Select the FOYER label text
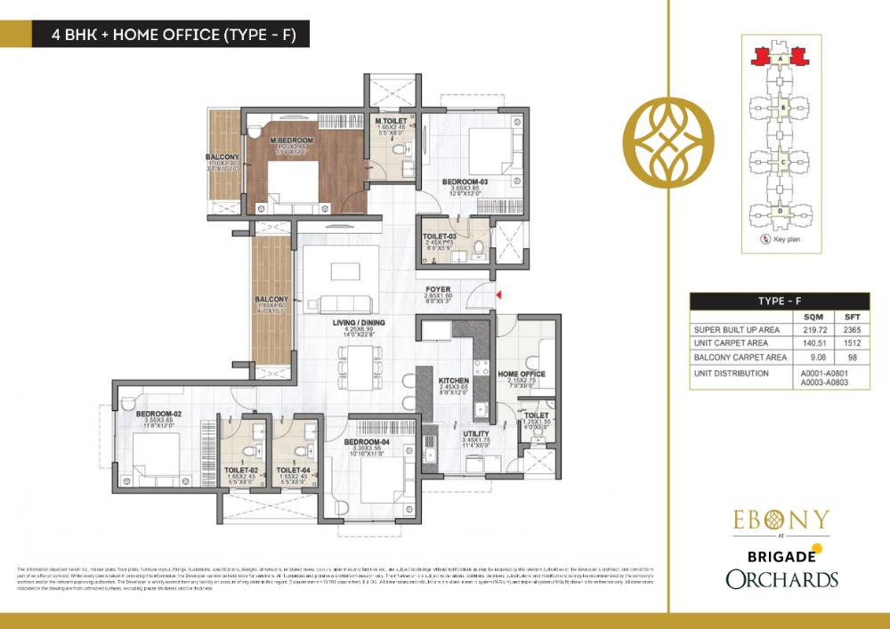pos(438,289)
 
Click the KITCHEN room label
pos(453,380)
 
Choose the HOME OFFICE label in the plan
pos(521,374)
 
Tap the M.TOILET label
pos(391,121)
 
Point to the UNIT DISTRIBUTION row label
pos(731,373)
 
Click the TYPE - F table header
pos(781,301)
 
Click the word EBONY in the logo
pos(781,520)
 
